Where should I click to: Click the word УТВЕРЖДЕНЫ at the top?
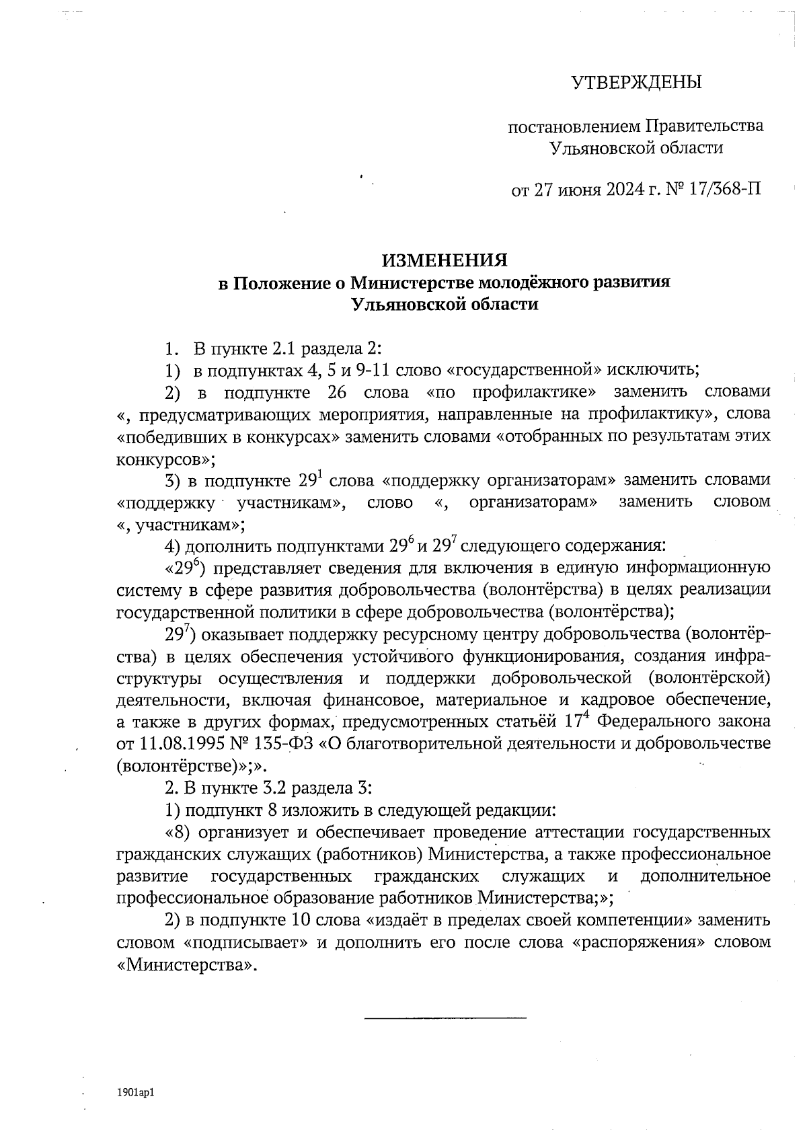pyautogui.click(x=636, y=83)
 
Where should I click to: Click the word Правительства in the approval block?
pyautogui.click(x=704, y=126)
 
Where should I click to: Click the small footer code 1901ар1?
pyautogui.click(x=136, y=1094)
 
